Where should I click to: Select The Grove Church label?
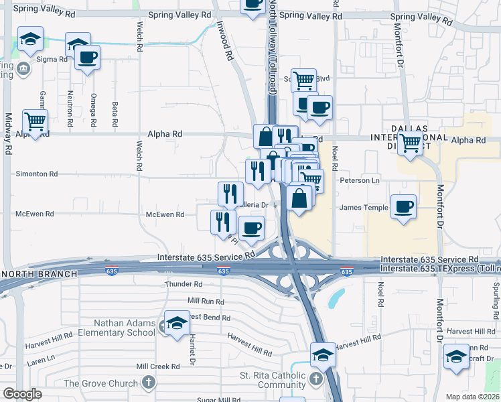point(101,384)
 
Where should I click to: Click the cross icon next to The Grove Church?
point(149,384)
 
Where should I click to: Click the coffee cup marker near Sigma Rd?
point(86,58)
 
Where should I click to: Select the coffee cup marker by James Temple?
point(403,207)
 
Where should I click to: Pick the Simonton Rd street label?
point(37,174)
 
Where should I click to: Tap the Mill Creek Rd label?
point(158,366)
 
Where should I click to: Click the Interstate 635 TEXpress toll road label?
point(439,268)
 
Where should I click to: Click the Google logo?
point(22,394)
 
